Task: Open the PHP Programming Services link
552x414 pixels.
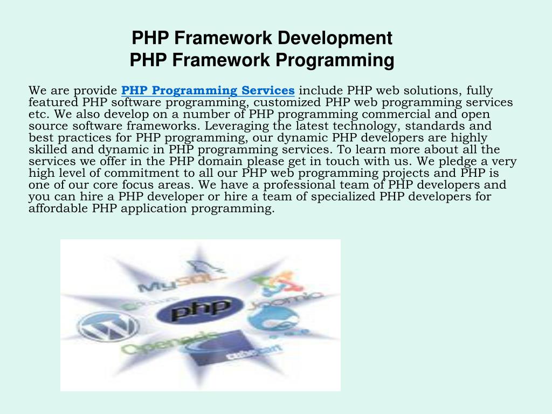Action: point(208,90)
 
